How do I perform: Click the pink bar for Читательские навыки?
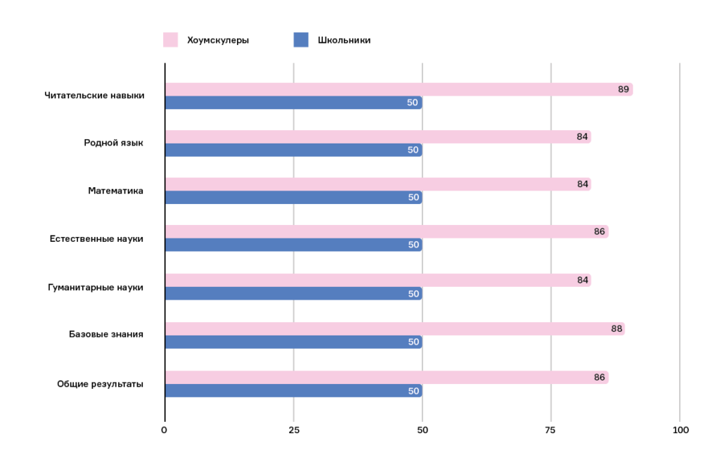399,89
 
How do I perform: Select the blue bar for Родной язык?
293,150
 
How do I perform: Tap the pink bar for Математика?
378,184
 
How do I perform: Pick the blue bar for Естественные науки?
293,245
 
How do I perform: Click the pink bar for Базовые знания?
394,328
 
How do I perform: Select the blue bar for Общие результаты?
293,390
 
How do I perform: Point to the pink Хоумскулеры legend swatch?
170,40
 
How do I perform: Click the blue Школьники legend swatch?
301,40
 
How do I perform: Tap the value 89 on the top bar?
624,89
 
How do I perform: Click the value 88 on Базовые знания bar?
617,328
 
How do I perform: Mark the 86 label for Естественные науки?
599,231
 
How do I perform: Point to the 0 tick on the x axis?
165,430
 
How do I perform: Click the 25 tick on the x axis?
294,430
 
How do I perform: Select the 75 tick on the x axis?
551,430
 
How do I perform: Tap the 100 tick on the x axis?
680,430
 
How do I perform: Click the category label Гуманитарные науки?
96,287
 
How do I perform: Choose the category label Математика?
115,191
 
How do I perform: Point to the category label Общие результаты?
100,384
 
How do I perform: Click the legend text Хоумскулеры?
218,40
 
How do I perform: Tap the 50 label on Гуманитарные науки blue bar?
413,294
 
